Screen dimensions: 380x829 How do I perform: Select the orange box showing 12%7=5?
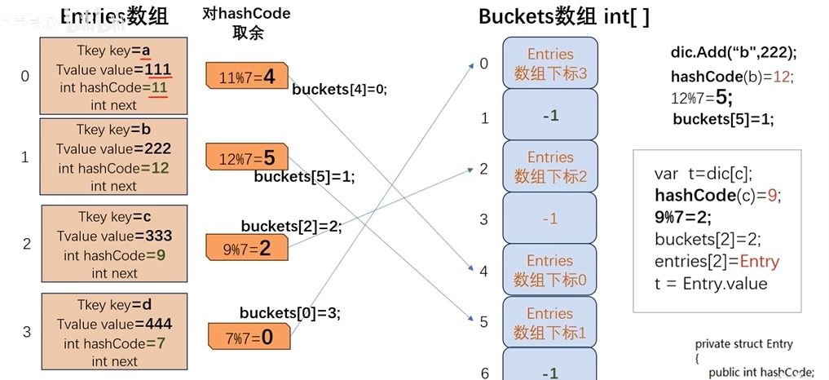click(246, 156)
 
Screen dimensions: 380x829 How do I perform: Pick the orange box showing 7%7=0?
click(248, 335)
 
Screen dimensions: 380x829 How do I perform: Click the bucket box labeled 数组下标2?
click(550, 166)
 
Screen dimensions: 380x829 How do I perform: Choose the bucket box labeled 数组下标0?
click(550, 271)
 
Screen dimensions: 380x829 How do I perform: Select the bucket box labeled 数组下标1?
click(550, 323)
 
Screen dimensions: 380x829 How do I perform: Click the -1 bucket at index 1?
click(550, 115)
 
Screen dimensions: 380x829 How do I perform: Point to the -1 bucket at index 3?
click(550, 219)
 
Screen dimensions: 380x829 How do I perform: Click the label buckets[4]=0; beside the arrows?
click(338, 89)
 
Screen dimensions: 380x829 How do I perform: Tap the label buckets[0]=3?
click(289, 312)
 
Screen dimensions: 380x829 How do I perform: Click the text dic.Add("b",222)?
click(733, 52)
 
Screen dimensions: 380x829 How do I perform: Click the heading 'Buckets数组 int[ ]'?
click(563, 17)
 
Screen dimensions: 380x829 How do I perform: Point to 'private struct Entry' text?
click(743, 344)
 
